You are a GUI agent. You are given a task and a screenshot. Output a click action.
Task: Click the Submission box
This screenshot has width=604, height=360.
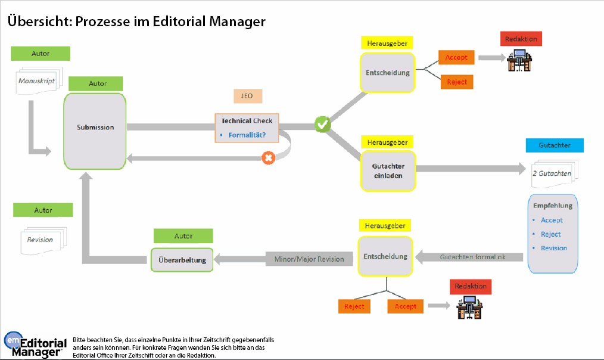95,128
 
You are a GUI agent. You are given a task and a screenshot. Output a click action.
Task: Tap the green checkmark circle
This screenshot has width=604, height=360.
322,125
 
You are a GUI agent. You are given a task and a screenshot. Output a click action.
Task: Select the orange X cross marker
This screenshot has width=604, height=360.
269,159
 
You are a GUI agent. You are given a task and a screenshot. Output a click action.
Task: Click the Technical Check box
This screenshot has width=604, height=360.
247,128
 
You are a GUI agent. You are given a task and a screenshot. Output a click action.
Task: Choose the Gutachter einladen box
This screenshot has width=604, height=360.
387,170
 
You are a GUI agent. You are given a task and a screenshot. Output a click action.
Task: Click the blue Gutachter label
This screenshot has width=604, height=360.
554,145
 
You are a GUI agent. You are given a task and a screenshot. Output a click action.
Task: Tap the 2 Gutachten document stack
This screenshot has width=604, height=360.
552,173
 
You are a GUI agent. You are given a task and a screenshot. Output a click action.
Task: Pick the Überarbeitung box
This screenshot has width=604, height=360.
182,260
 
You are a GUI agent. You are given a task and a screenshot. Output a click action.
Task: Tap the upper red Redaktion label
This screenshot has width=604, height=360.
521,39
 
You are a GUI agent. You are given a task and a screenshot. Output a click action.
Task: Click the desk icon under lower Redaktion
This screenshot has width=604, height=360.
469,308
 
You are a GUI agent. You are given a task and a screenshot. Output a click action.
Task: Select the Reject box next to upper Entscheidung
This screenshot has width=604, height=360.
457,82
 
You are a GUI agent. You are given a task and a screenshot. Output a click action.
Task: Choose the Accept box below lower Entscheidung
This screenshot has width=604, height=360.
405,306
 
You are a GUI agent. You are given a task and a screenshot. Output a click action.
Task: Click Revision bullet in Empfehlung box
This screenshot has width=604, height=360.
553,248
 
